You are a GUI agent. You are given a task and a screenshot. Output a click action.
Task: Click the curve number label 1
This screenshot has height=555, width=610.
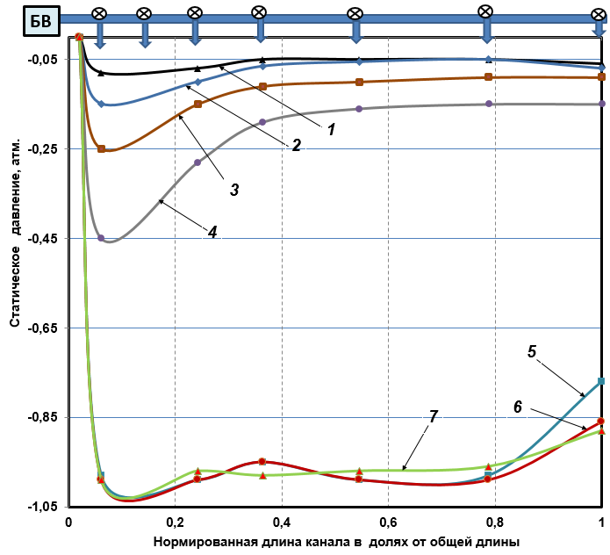point(332,128)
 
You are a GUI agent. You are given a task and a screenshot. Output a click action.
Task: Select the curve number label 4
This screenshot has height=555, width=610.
point(212,232)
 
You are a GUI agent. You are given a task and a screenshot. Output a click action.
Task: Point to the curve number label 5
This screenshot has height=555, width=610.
point(532,350)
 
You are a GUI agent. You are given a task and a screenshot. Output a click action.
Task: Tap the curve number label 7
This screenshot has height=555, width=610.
point(433,417)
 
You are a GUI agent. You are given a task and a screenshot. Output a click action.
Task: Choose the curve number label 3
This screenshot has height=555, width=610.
point(234,189)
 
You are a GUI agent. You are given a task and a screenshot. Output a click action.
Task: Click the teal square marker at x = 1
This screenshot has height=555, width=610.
point(601,381)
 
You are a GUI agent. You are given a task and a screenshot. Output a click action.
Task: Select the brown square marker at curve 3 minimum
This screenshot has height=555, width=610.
point(102,149)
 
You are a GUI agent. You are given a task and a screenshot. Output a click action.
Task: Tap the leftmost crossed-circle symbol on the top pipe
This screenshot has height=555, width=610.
point(99,14)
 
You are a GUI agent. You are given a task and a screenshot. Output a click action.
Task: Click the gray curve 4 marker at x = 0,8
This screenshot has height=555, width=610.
point(489,105)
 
